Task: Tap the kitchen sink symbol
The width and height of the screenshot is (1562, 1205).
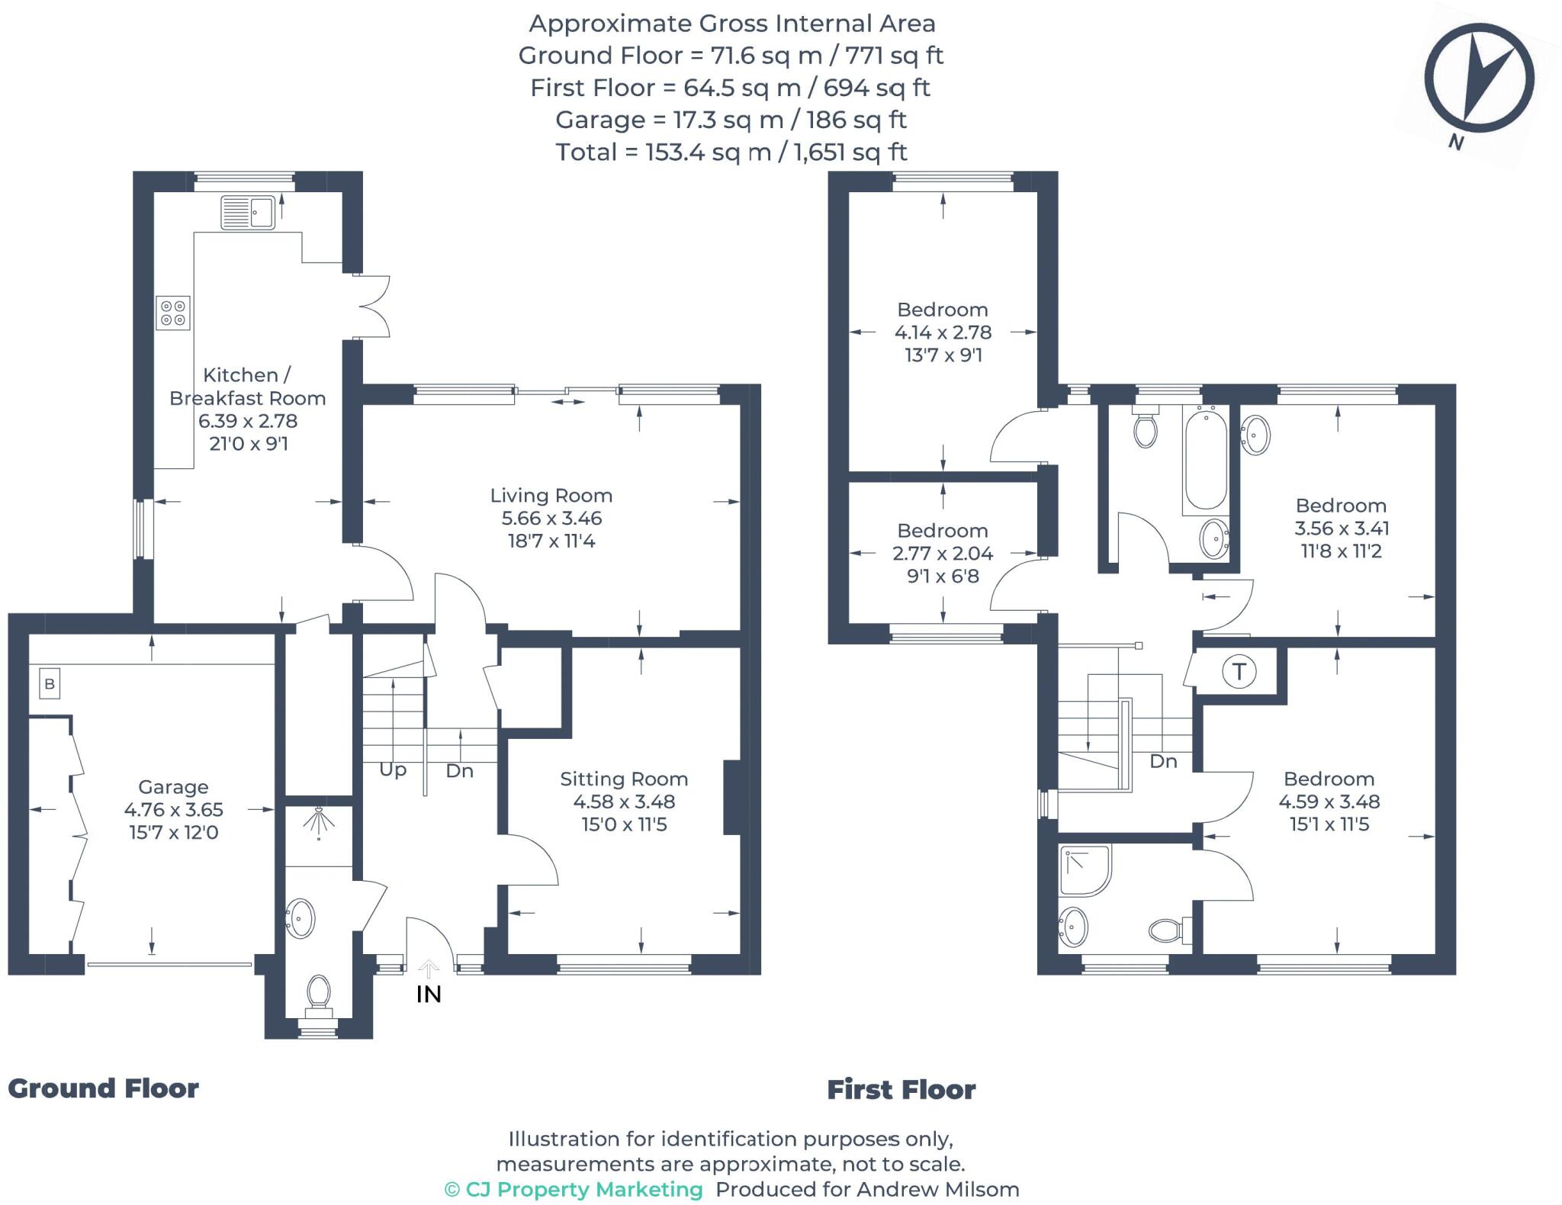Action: click(x=248, y=212)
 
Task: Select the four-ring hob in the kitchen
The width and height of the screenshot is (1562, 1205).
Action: click(x=173, y=313)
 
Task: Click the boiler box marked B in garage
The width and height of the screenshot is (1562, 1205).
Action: click(x=50, y=684)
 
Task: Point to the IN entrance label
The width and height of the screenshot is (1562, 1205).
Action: click(x=429, y=995)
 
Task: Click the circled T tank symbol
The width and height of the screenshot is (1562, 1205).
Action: click(x=1239, y=672)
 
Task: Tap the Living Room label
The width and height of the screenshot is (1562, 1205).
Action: click(x=551, y=496)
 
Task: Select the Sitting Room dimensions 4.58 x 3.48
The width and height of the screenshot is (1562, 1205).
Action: click(x=624, y=802)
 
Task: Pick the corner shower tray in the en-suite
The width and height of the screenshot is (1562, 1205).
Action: click(x=1084, y=870)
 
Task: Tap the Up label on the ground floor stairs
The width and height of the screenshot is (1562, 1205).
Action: click(x=393, y=770)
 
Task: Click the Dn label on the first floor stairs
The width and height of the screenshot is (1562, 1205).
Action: click(x=1163, y=761)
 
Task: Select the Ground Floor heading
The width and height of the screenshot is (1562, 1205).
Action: click(x=104, y=1088)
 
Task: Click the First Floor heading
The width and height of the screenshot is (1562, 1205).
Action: click(x=902, y=1090)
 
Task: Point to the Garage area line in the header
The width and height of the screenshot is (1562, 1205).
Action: click(x=731, y=120)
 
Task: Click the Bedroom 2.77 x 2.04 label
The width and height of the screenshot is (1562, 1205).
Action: click(x=943, y=553)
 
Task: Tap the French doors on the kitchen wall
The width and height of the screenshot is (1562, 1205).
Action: click(x=374, y=306)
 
